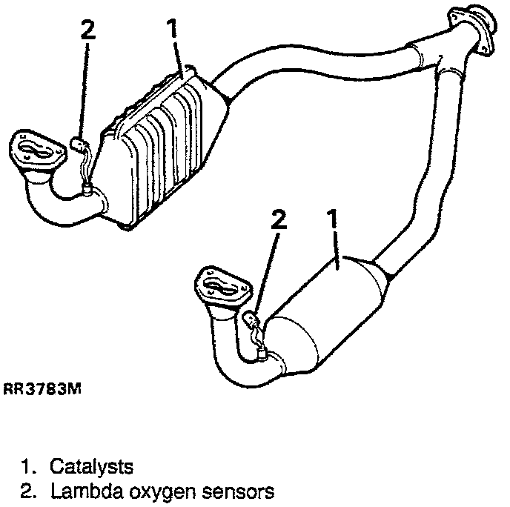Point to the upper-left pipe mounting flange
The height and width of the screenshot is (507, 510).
point(35,153)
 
